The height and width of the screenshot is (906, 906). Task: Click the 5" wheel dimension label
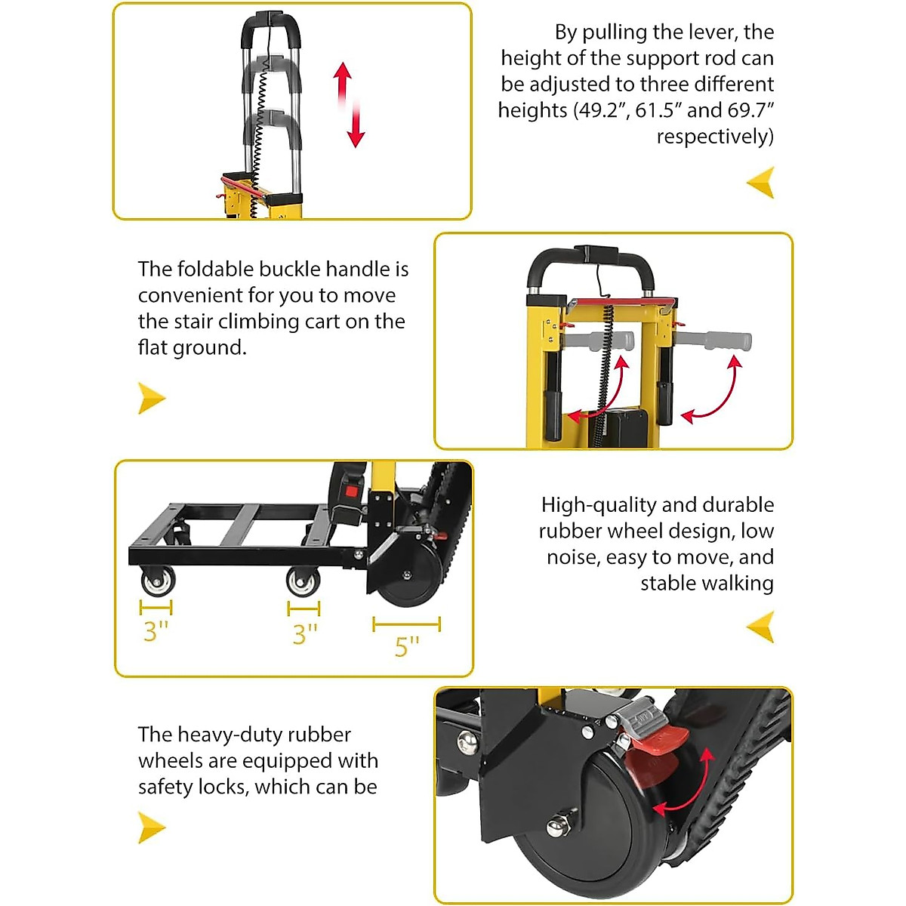click(406, 647)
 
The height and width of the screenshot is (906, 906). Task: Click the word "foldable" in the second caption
click(216, 270)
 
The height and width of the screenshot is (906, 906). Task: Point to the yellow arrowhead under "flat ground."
click(151, 397)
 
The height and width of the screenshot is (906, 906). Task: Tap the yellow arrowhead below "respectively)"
click(761, 183)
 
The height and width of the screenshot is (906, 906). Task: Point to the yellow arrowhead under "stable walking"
click(761, 627)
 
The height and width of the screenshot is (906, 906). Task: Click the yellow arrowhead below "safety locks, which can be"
click(151, 827)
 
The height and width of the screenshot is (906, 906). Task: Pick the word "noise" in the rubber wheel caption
click(572, 557)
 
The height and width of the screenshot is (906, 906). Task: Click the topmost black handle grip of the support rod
click(270, 28)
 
